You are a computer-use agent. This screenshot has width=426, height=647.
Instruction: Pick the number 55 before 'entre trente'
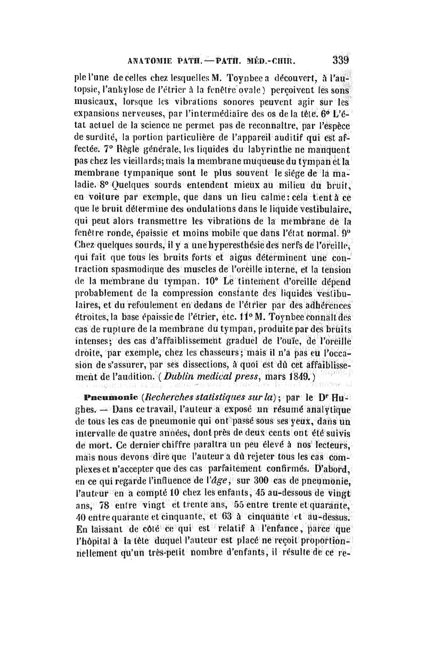pos(243,505)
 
